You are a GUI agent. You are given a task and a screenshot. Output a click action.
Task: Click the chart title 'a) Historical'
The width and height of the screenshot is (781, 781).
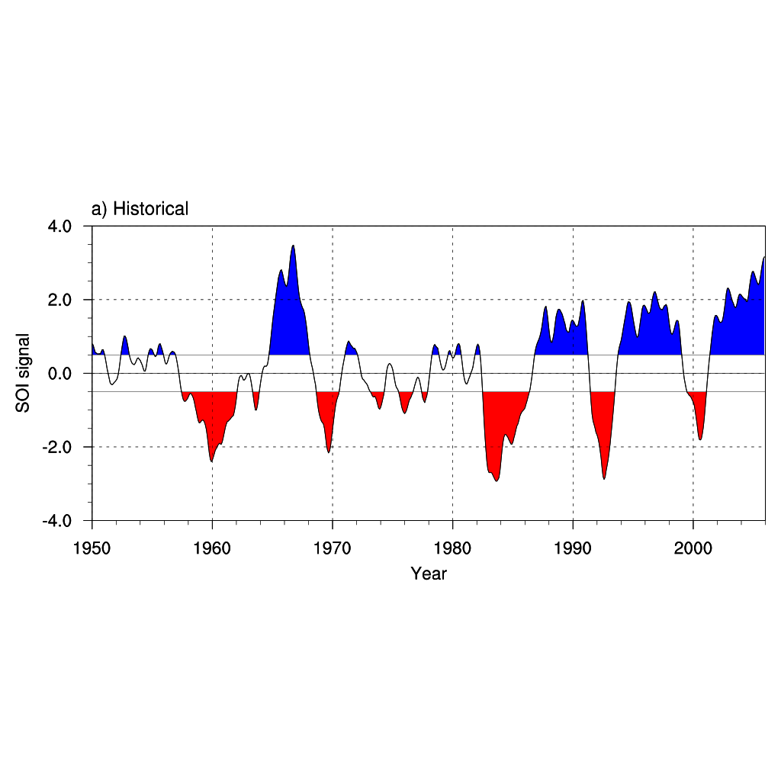click(x=140, y=208)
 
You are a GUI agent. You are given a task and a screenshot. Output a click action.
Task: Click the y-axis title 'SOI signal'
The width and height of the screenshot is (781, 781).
click(x=24, y=373)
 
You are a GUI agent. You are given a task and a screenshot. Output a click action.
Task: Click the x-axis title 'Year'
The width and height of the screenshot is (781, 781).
click(x=429, y=574)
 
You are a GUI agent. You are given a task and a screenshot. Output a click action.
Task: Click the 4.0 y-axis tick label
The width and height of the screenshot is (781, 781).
click(x=61, y=227)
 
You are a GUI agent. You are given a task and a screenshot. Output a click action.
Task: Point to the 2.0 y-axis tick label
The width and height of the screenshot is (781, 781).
click(x=61, y=300)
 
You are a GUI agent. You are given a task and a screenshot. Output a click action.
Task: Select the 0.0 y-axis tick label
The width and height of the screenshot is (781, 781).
click(x=61, y=374)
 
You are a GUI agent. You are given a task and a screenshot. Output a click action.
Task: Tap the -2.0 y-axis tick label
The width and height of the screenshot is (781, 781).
click(x=59, y=448)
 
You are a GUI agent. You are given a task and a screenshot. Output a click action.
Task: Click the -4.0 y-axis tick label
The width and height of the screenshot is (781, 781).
click(x=59, y=522)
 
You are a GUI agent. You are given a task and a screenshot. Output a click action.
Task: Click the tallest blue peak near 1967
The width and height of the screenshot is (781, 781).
click(x=293, y=246)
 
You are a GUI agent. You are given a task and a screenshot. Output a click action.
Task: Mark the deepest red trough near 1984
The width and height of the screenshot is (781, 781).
click(x=497, y=480)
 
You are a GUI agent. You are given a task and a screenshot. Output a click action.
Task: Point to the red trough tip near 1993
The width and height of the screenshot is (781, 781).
click(x=604, y=478)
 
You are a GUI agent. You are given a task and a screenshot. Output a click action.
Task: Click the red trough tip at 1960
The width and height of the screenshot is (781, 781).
click(x=211, y=461)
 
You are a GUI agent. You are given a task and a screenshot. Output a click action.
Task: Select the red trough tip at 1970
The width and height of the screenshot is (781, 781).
click(x=329, y=452)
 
